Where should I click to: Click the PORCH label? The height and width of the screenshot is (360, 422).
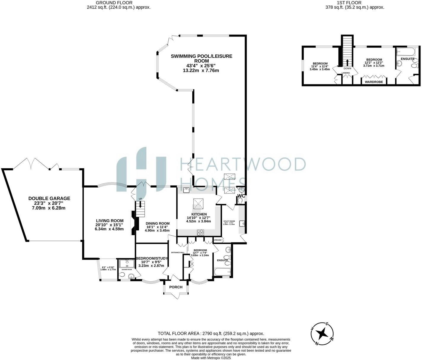[176, 287]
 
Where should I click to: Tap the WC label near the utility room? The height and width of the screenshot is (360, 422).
[241, 196]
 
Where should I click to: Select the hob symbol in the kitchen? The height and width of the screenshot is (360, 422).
[200, 233]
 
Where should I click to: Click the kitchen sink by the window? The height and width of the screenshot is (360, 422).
[187, 190]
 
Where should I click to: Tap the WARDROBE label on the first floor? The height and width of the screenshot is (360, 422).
[374, 82]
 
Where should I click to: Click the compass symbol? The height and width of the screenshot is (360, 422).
[322, 334]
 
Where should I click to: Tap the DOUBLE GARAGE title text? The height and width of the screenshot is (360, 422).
[49, 198]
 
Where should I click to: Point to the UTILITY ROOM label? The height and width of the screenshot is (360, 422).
[229, 221]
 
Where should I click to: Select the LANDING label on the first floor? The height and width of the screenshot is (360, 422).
[346, 73]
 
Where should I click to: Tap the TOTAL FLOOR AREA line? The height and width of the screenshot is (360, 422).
[211, 333]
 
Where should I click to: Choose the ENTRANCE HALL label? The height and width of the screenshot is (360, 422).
[178, 253]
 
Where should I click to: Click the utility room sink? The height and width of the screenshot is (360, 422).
[242, 223]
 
